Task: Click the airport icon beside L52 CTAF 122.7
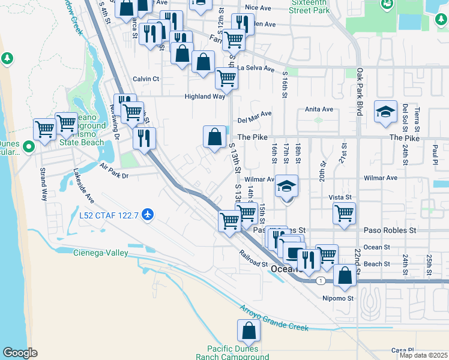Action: click(x=148, y=214)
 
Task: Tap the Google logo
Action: click(x=20, y=353)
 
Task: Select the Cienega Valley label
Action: click(x=101, y=253)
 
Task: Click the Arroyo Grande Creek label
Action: click(x=275, y=319)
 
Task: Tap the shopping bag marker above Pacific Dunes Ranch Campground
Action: click(x=249, y=331)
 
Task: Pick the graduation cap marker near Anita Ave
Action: click(x=385, y=112)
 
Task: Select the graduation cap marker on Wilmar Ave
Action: click(x=287, y=187)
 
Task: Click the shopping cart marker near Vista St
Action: click(x=344, y=214)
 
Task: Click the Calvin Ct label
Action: click(x=146, y=79)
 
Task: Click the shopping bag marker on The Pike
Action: click(x=214, y=137)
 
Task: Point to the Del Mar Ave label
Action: click(x=255, y=113)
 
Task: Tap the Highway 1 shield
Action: click(x=322, y=280)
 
